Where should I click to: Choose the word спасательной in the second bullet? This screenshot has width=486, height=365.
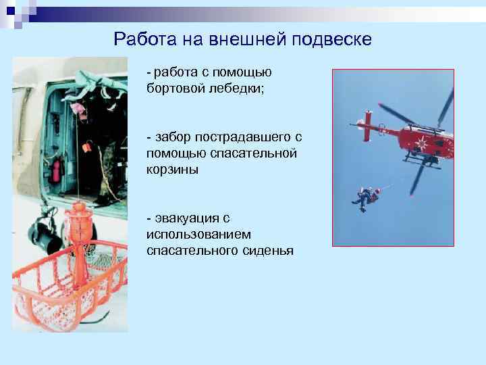tap(260, 153)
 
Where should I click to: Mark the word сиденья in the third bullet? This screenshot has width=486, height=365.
tap(265, 251)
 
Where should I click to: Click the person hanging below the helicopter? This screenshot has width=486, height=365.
tap(366, 197)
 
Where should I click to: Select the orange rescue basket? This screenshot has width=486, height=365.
tap(64, 284)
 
